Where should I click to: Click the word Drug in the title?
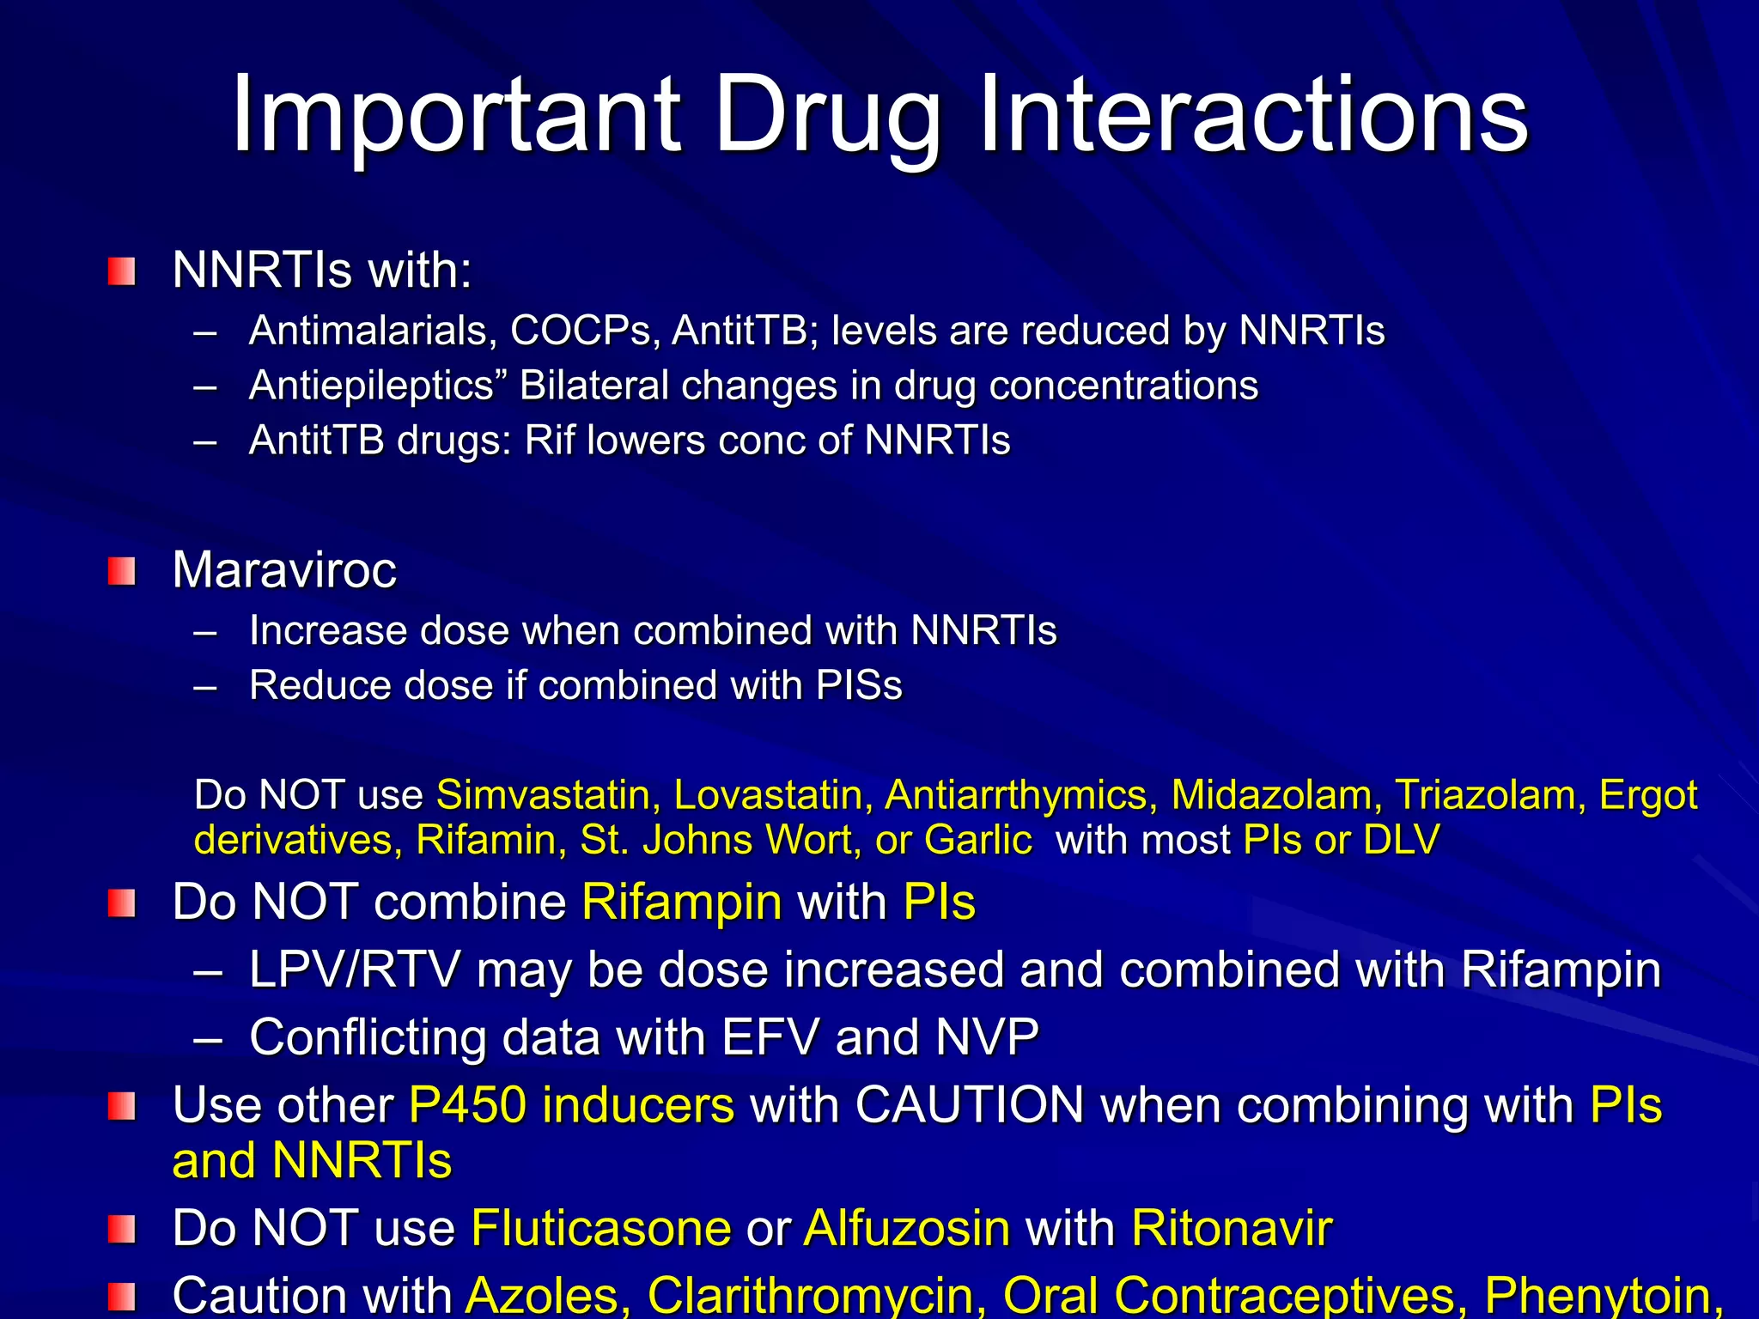pyautogui.click(x=827, y=116)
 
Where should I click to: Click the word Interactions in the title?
pyautogui.click(x=1253, y=116)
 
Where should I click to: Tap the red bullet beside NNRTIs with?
pyautogui.click(x=122, y=271)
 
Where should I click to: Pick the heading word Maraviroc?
pyautogui.click(x=284, y=570)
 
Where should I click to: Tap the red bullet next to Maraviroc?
pyautogui.click(x=122, y=571)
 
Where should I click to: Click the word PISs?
pyautogui.click(x=859, y=685)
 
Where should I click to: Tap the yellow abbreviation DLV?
pyautogui.click(x=1401, y=840)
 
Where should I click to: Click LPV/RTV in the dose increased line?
pyautogui.click(x=355, y=970)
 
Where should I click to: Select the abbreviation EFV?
pyautogui.click(x=770, y=1037)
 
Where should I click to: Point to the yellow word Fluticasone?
pyautogui.click(x=601, y=1228)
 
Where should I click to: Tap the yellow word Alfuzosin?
pyautogui.click(x=907, y=1228)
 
